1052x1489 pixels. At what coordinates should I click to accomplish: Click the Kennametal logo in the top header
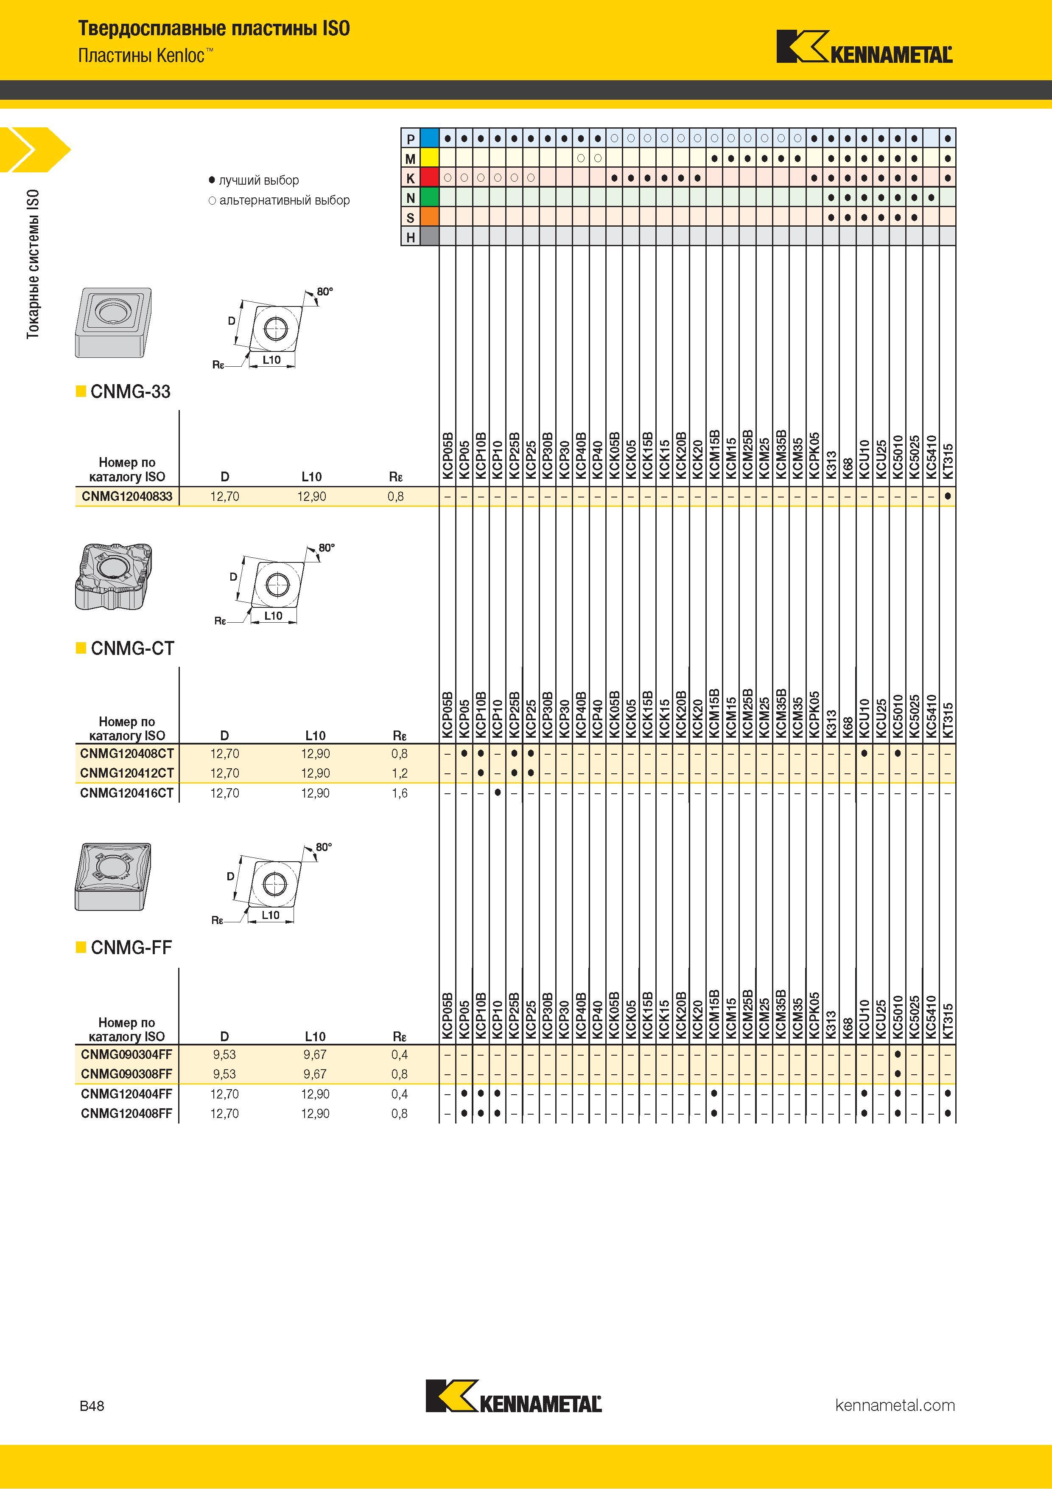click(x=864, y=47)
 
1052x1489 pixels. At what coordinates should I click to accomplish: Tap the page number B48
click(x=91, y=1405)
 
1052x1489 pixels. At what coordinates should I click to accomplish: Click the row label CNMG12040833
click(x=127, y=496)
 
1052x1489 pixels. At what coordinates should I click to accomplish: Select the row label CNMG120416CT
click(x=127, y=792)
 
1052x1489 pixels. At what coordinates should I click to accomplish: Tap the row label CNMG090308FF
click(x=127, y=1074)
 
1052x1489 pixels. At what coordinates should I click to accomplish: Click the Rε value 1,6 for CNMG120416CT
click(x=399, y=792)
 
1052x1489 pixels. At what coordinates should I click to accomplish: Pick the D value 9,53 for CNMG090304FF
click(x=224, y=1054)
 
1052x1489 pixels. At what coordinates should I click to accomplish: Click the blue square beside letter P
click(x=430, y=138)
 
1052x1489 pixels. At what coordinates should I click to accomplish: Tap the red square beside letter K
click(x=430, y=177)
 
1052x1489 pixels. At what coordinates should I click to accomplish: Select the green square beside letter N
click(x=430, y=197)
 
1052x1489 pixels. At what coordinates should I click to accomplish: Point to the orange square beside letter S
click(x=430, y=216)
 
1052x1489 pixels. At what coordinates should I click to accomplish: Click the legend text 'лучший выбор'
click(x=259, y=180)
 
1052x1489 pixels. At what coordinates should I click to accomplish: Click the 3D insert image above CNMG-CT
click(x=115, y=576)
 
